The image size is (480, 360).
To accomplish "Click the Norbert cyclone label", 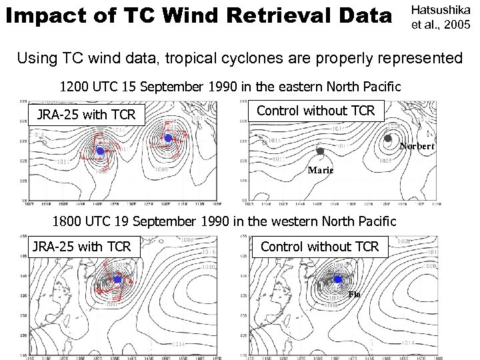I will (x=417, y=146).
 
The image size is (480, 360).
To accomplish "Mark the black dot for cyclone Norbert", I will (x=388, y=139).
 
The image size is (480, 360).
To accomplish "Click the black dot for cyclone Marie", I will (x=320, y=151).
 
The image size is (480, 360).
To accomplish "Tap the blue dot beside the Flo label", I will (x=337, y=279).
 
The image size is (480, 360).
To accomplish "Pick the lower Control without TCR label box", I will (x=319, y=247).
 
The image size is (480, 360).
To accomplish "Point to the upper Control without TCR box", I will (x=316, y=111).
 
